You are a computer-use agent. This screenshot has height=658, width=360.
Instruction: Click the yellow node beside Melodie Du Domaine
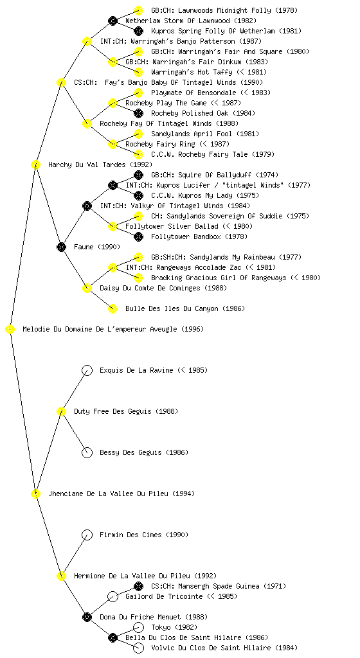[10, 330]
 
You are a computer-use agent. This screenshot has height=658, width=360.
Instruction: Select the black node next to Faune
[61, 247]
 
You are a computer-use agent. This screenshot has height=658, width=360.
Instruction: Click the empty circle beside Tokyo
[138, 627]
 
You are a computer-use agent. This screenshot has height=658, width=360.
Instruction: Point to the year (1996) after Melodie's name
[193, 330]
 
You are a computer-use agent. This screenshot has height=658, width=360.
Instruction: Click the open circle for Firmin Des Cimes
[87, 535]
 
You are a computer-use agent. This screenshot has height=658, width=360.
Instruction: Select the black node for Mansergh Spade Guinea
[138, 586]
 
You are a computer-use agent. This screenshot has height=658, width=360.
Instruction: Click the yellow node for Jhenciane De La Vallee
[35, 493]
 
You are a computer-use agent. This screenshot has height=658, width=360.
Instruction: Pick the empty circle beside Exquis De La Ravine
[87, 370]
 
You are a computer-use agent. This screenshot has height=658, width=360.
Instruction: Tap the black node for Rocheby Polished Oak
[138, 113]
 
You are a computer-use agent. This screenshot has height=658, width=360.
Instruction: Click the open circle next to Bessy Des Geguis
[87, 452]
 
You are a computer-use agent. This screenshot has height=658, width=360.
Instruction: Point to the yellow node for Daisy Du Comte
[87, 288]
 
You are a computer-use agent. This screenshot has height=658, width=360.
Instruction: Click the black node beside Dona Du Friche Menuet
[87, 617]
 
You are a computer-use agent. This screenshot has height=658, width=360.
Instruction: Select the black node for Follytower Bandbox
[138, 236]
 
